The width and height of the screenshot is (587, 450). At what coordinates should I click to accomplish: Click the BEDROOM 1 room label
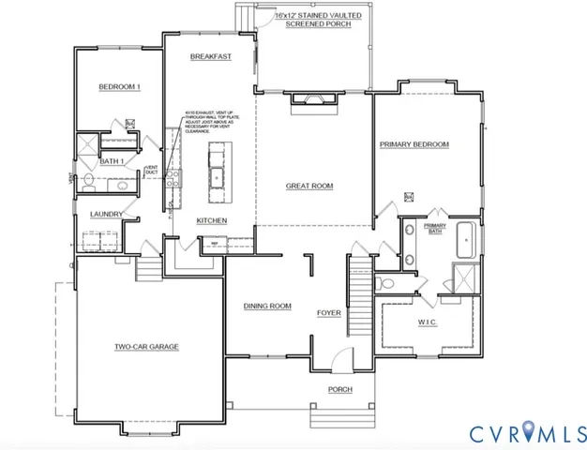click(x=119, y=88)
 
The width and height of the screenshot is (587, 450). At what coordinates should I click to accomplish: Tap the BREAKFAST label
click(x=210, y=57)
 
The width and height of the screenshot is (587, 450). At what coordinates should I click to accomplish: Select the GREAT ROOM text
click(x=309, y=187)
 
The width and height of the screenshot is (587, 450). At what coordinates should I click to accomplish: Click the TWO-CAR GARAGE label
click(x=146, y=347)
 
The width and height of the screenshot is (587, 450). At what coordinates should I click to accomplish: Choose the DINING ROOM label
click(x=267, y=307)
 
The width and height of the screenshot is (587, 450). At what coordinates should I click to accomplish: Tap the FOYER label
click(x=328, y=314)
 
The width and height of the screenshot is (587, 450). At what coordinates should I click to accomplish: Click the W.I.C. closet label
click(x=428, y=323)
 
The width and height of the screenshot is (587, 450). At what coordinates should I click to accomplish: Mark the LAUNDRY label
click(x=106, y=215)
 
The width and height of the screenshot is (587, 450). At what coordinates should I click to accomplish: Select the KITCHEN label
click(x=212, y=220)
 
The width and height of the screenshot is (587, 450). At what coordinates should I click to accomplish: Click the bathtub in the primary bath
click(x=467, y=240)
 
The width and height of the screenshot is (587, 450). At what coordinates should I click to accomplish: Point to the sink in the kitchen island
click(x=218, y=175)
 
